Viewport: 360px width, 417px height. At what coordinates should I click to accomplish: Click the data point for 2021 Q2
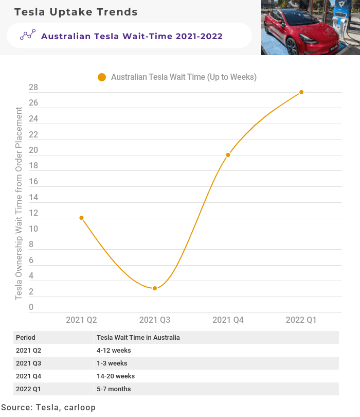(81, 218)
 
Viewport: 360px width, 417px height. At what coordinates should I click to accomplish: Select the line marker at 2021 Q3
(155, 288)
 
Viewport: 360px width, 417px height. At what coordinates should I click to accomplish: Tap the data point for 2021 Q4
(228, 155)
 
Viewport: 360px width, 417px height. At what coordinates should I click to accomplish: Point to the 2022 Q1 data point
(301, 92)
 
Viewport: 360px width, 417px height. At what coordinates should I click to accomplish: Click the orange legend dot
(102, 77)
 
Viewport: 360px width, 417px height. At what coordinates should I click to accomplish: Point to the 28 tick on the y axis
(33, 88)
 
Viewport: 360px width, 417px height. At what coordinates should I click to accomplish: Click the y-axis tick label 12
(33, 214)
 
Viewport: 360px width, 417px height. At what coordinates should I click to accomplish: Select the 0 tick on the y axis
(31, 308)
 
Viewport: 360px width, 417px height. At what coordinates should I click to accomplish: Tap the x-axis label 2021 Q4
(228, 320)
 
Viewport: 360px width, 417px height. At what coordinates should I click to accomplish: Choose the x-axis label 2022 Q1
(301, 320)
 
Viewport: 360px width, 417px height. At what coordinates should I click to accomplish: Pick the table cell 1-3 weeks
(112, 363)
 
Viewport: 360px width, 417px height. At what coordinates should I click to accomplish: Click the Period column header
(26, 338)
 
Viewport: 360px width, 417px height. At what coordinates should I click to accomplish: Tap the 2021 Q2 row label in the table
(28, 351)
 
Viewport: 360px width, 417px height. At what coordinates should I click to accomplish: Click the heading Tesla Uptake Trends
(76, 12)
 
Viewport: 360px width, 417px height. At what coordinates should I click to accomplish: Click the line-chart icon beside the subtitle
(28, 36)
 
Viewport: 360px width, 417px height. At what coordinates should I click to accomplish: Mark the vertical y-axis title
(19, 203)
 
